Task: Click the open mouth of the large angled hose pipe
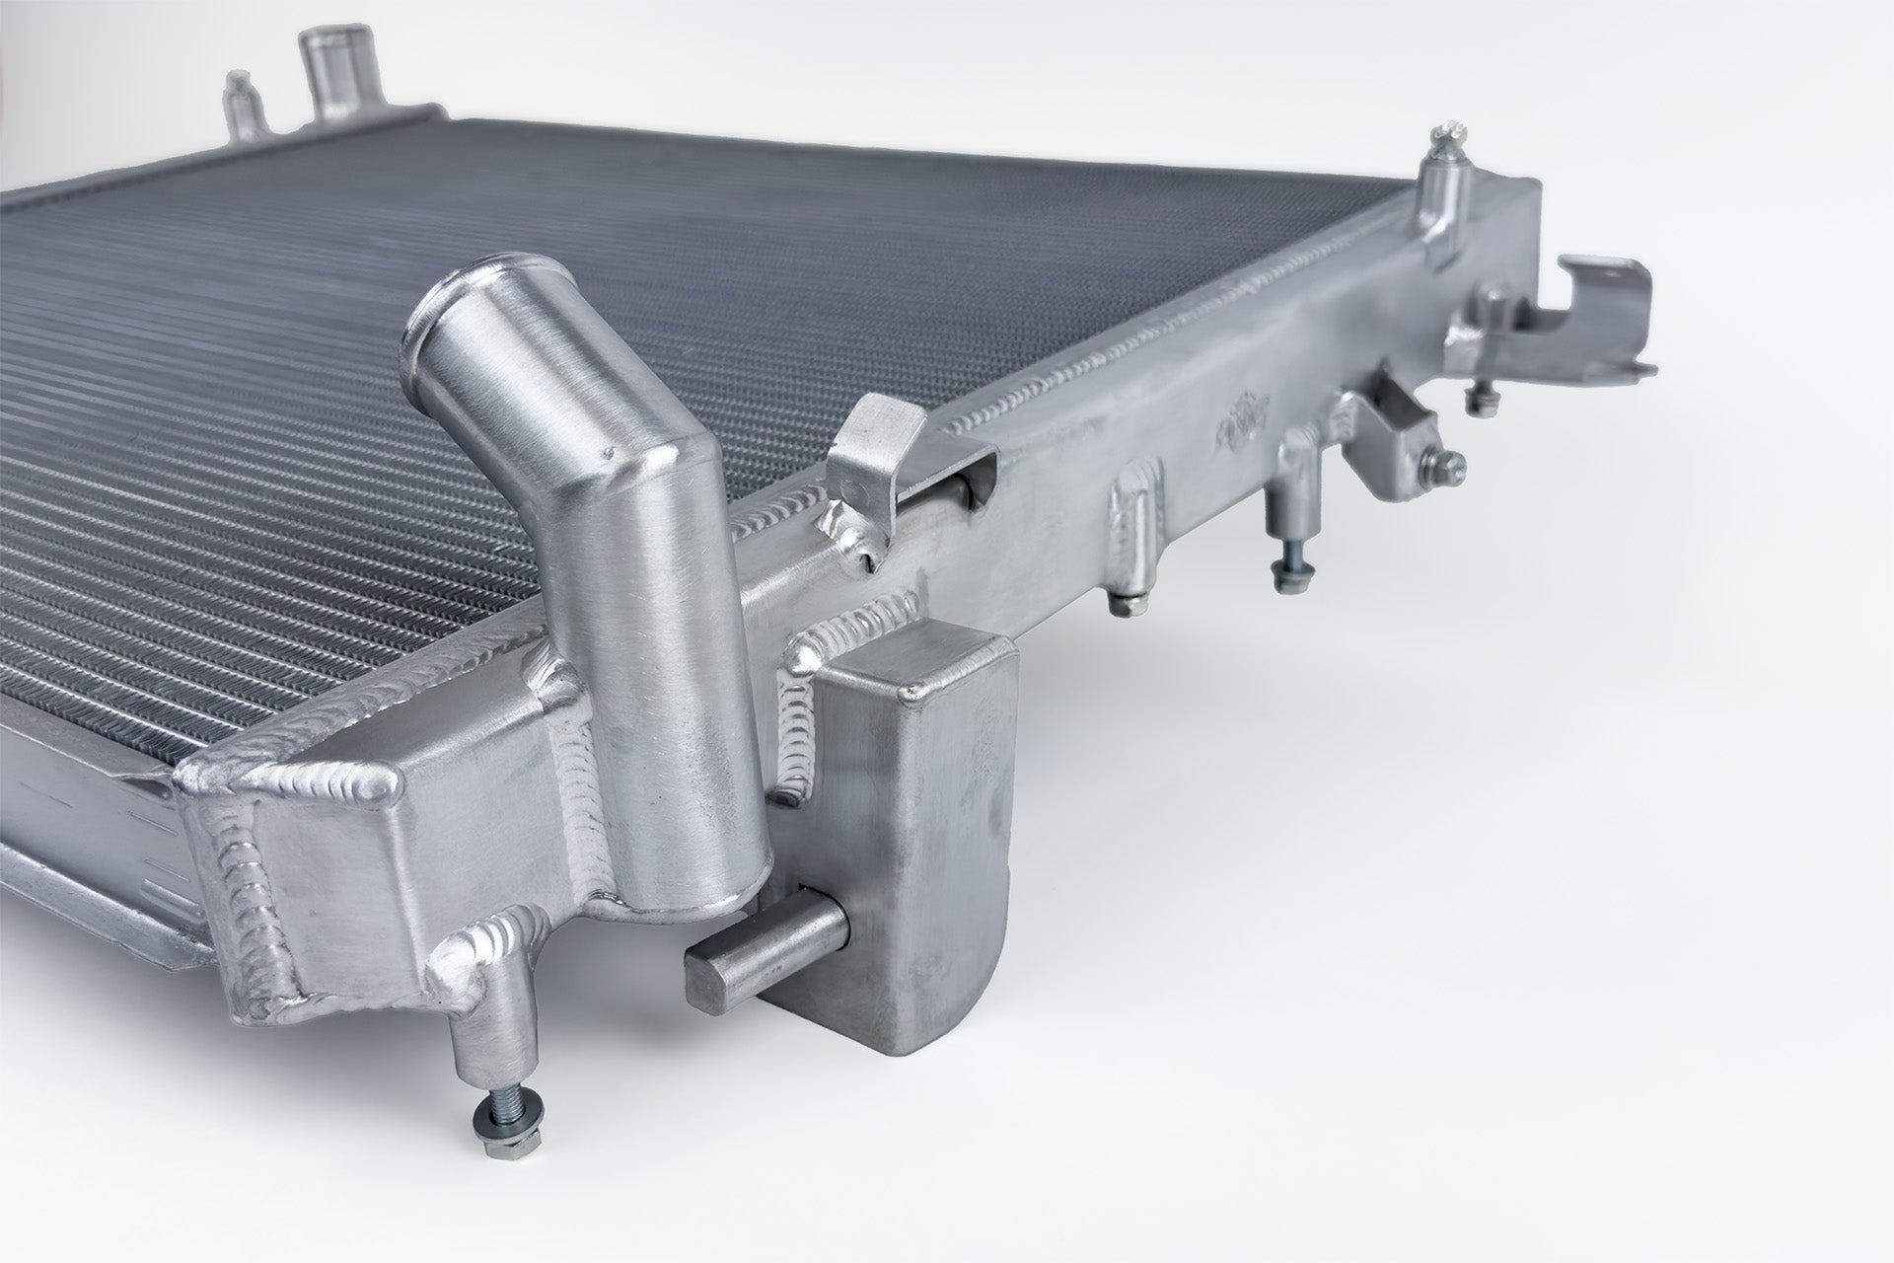(x=447, y=298)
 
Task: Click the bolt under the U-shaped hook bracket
(x=1477, y=400)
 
